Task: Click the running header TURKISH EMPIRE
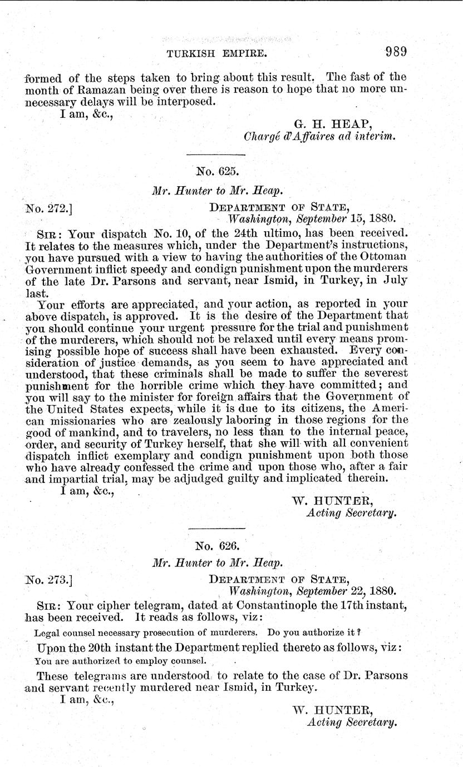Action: click(216, 54)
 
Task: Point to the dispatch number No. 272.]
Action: click(50, 208)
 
